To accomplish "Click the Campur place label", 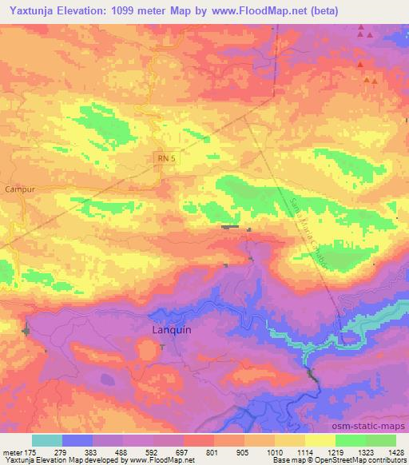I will (x=18, y=189).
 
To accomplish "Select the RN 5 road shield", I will (x=164, y=160).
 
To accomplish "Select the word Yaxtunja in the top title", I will (x=30, y=11).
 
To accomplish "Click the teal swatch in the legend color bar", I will (x=47, y=440).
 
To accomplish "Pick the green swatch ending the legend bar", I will (x=381, y=440).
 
